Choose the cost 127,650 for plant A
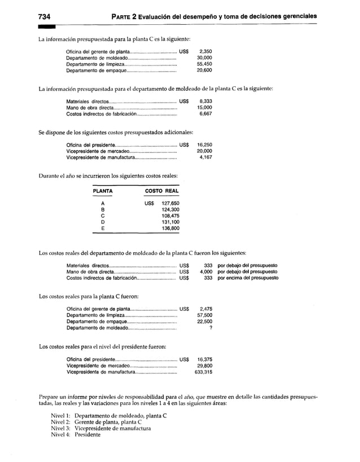pyautogui.click(x=170, y=203)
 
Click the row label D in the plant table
pyautogui.click(x=102, y=222)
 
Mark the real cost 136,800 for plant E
pyautogui.click(x=170, y=228)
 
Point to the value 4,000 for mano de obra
pyautogui.click(x=204, y=272)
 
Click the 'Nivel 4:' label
pyautogui.click(x=60, y=434)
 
